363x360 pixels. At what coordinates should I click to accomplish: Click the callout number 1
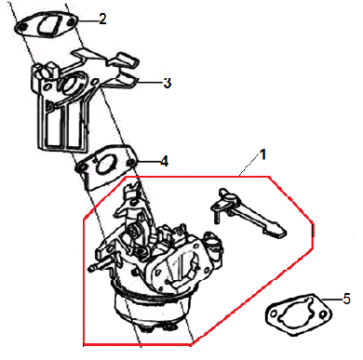[262, 154]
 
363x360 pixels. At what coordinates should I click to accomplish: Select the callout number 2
[102, 19]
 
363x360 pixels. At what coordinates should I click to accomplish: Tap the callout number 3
[168, 83]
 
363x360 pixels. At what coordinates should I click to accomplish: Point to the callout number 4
[164, 162]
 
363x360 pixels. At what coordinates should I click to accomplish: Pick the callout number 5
[346, 299]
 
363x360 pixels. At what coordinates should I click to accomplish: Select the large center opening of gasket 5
[296, 313]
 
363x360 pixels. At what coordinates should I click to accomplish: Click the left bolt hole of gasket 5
[274, 313]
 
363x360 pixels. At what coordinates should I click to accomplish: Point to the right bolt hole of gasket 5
[323, 314]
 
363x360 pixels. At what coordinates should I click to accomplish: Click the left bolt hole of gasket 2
[22, 27]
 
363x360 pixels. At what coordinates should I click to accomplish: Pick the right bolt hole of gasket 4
[131, 163]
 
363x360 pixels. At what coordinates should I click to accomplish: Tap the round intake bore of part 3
[71, 83]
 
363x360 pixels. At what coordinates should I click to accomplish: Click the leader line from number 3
[150, 82]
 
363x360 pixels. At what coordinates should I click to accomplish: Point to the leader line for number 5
[332, 300]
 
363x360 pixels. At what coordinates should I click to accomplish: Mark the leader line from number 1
[249, 166]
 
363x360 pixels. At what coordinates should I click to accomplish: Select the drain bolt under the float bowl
[146, 329]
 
